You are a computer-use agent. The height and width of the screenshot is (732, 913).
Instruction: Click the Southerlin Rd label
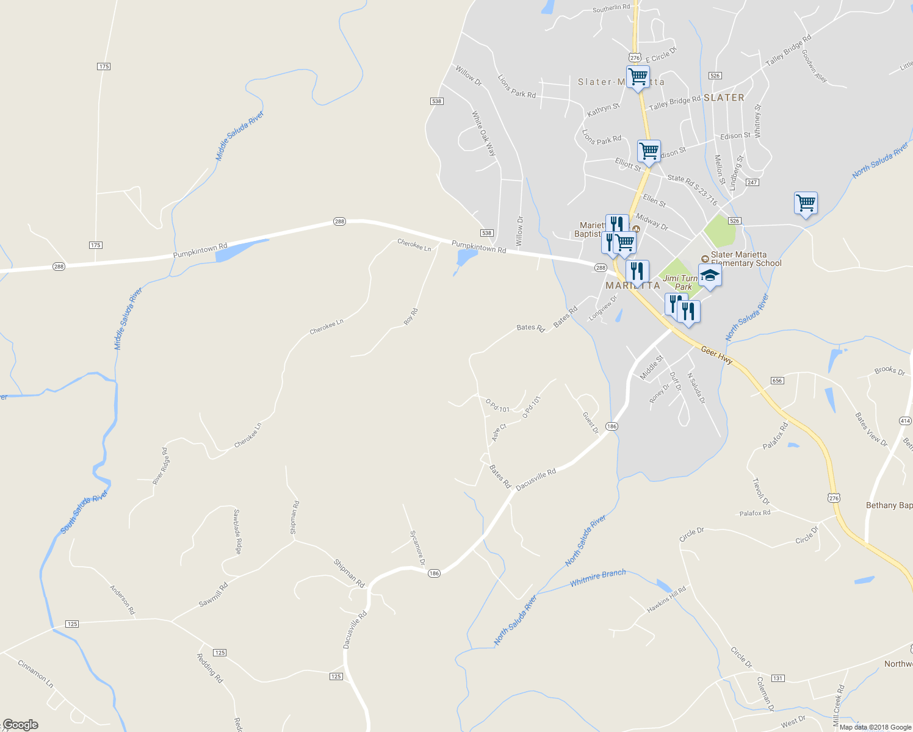[x=611, y=8]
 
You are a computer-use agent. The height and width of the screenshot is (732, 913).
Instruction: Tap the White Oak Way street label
[x=483, y=133]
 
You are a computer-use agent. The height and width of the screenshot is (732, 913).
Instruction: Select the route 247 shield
[x=752, y=182]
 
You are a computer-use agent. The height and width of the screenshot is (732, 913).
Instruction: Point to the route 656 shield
[x=777, y=381]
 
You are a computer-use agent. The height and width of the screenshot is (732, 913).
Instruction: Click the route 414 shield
[x=905, y=421]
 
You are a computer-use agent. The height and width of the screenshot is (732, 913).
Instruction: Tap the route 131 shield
[x=778, y=678]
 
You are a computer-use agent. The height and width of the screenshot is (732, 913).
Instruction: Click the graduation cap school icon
[x=710, y=276]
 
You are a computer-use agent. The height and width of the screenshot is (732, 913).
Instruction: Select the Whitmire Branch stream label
[x=597, y=578]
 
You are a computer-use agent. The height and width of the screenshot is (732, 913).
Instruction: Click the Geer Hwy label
[x=716, y=355]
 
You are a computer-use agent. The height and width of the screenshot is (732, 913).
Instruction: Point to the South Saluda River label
[x=84, y=512]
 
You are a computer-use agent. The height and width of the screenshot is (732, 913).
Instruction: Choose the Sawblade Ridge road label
[x=237, y=532]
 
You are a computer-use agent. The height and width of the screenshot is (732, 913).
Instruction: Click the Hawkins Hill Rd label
[x=666, y=600]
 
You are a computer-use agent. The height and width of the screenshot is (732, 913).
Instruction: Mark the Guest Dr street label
[x=590, y=423]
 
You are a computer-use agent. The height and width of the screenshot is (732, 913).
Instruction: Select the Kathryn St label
[x=603, y=110]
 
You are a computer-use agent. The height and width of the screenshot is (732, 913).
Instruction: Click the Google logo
[x=20, y=725]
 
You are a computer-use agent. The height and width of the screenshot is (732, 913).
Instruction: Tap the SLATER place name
[x=724, y=98]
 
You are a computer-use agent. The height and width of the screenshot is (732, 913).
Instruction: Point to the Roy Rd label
[x=411, y=317]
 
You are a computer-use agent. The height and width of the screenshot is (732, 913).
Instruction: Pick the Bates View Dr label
[x=871, y=429]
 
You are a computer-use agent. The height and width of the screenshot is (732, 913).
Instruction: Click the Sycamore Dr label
[x=417, y=547]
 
